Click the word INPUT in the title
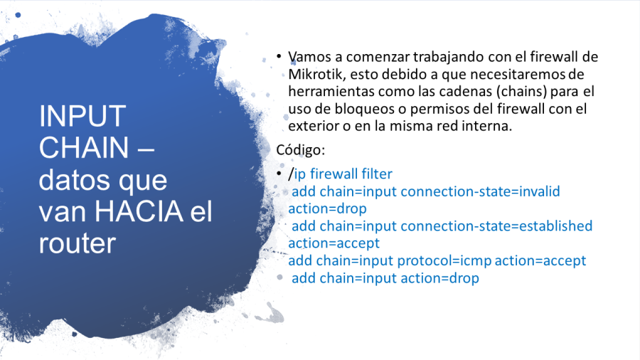[x=82, y=117]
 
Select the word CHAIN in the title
[x=84, y=147]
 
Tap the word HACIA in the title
[x=139, y=211]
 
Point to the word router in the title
[x=78, y=243]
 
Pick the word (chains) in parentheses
[x=521, y=92]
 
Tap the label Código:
[x=300, y=150]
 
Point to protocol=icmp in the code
[x=444, y=261]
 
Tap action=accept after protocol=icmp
[x=540, y=261]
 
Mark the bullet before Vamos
[x=279, y=56]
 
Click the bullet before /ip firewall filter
[x=279, y=174]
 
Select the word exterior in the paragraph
[x=314, y=126]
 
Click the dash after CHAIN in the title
[x=146, y=149]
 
